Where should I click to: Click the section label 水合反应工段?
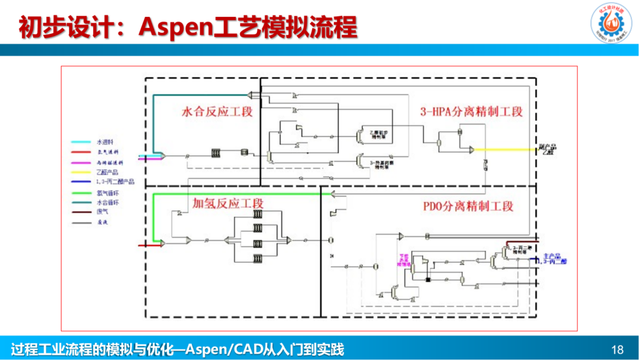pos(217,112)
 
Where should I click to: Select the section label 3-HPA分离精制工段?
pos(471,112)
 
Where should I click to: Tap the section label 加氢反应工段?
pos(228,203)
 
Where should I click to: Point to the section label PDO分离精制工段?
pos(468,207)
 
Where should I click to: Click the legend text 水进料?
pos(105,142)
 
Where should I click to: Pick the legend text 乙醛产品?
pos(107,172)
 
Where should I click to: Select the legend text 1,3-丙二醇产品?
pos(115,182)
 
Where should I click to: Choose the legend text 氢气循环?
pos(107,193)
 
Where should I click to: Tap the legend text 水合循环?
pos(107,203)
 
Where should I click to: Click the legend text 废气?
pos(102,212)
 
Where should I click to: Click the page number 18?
pos(617,350)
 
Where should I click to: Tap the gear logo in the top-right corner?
pos(611,23)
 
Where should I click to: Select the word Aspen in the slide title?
pos(175,27)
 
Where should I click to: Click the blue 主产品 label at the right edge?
pos(554,259)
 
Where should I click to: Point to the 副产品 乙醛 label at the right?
pos(548,149)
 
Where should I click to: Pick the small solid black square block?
pos(428,279)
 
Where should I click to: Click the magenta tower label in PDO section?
pos(403,260)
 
